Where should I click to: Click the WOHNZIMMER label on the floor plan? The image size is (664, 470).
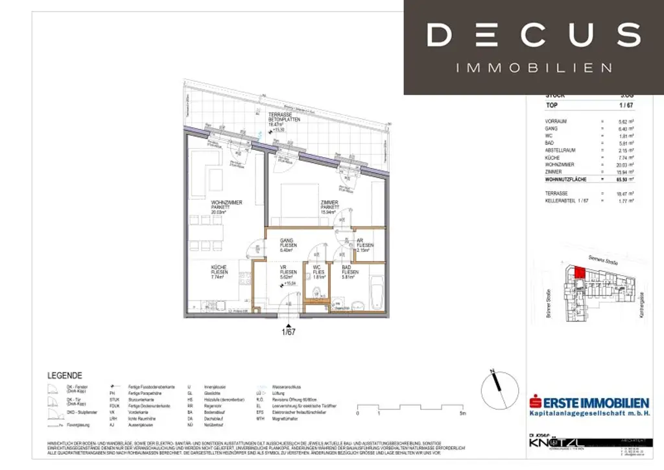point(226,203)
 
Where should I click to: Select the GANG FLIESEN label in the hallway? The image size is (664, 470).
point(287,240)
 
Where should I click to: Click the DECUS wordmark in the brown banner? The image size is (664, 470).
point(533,34)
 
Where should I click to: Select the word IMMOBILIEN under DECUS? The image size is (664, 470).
point(534,68)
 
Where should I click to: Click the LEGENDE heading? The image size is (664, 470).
point(65,375)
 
